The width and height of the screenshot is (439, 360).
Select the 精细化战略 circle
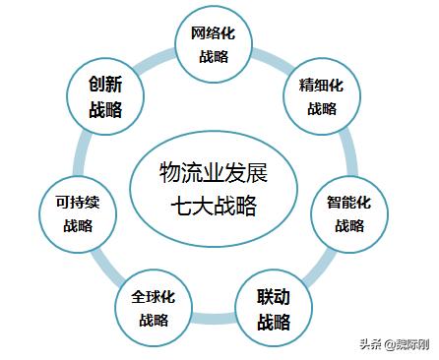coord(321,96)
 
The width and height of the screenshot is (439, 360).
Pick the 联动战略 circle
coord(274,308)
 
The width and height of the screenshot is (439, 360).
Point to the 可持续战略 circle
coord(78,214)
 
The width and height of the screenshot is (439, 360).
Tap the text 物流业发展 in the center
coord(214,174)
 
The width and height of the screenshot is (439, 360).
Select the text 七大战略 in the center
coord(214,206)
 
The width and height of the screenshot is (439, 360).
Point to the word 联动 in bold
coord(274,297)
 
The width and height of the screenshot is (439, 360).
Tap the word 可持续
coord(78,204)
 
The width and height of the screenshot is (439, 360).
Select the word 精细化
coord(321,86)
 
